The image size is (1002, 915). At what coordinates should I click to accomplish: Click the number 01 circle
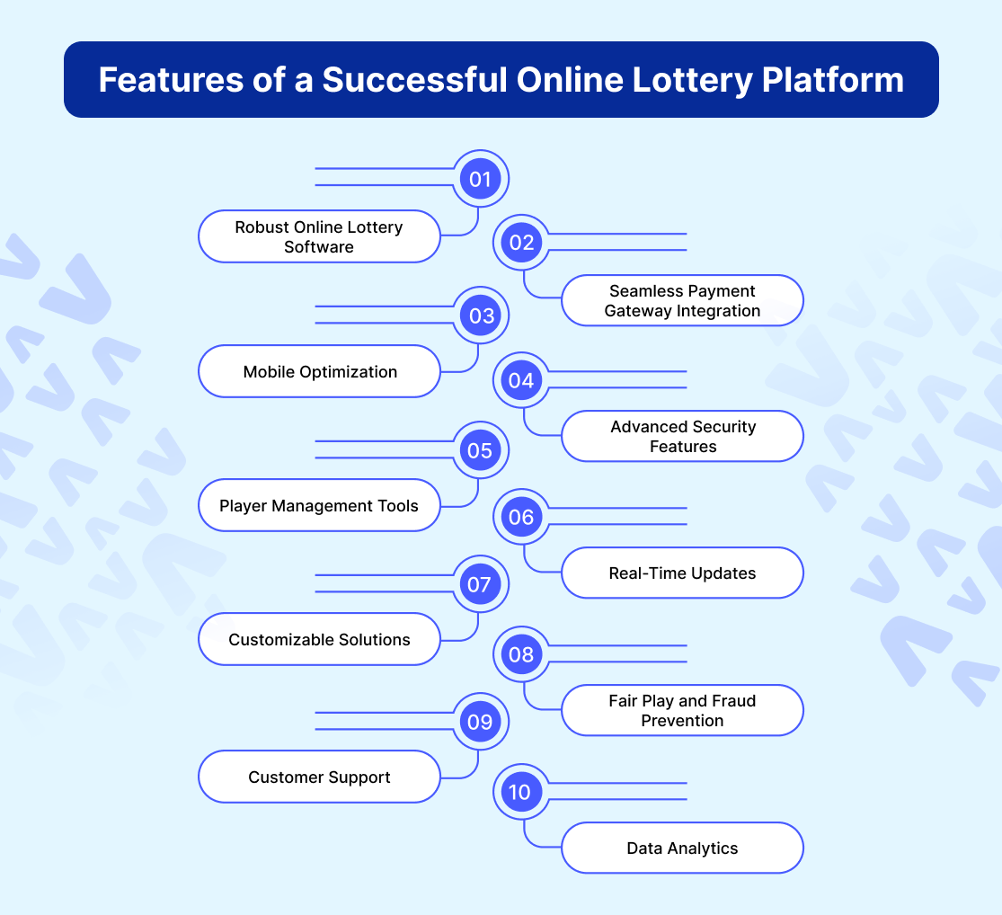click(481, 179)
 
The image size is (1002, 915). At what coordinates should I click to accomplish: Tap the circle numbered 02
click(522, 243)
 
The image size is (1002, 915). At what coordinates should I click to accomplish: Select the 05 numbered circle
click(481, 450)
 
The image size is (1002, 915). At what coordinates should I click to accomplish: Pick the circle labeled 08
click(522, 654)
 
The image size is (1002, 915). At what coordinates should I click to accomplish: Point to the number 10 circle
click(522, 792)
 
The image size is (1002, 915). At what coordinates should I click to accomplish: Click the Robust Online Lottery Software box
click(319, 237)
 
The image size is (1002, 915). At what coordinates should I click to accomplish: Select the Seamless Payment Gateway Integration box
click(682, 301)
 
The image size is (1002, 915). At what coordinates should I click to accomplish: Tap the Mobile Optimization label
click(319, 371)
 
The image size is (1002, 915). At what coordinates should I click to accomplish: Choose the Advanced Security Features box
click(682, 437)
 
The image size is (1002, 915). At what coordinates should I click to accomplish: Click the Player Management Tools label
click(319, 506)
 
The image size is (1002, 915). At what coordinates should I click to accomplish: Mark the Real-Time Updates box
click(682, 573)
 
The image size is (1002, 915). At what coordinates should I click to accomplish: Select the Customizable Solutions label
click(319, 640)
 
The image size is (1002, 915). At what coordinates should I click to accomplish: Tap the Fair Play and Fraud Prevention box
click(682, 710)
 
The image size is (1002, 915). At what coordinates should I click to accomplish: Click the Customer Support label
click(319, 777)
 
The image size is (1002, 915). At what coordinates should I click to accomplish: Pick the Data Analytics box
click(682, 848)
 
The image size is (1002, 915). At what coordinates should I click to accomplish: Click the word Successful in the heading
click(413, 80)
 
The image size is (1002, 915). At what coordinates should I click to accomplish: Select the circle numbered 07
click(481, 585)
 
